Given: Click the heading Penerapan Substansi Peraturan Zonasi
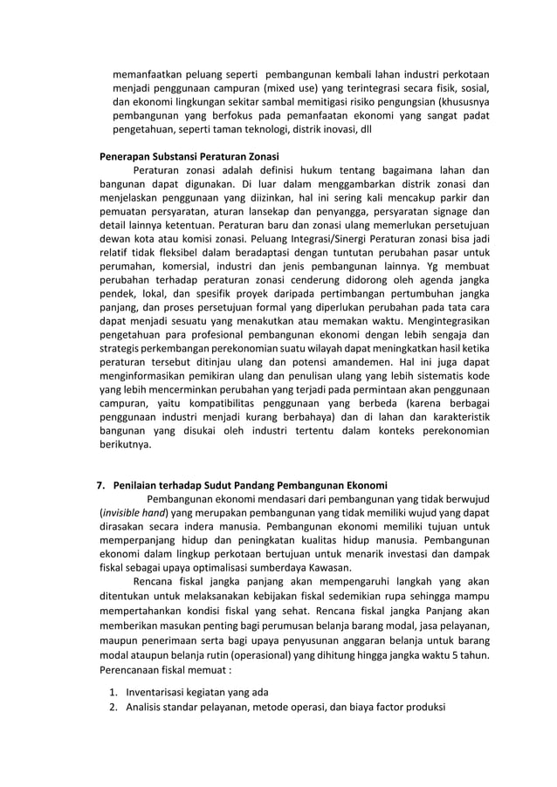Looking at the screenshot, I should [x=187, y=156].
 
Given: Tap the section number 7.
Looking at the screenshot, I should [x=100, y=486].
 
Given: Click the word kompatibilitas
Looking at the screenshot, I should [x=209, y=403].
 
